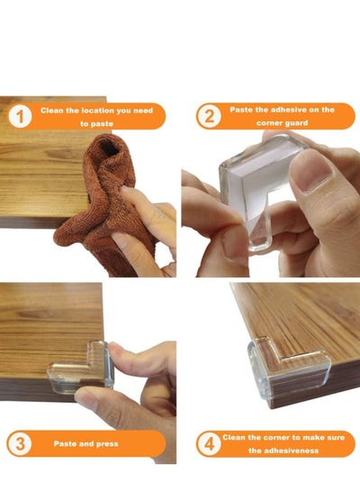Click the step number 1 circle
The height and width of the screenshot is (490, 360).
20,117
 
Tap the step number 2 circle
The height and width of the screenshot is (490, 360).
209,116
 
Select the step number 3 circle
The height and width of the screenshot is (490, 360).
20,443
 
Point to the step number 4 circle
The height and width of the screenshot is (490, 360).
209,444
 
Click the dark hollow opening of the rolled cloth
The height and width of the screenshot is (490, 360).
110,149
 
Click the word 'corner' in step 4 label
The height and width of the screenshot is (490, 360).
276,438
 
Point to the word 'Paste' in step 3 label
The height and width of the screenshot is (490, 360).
65,444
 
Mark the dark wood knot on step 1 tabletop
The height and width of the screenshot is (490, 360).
59,154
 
